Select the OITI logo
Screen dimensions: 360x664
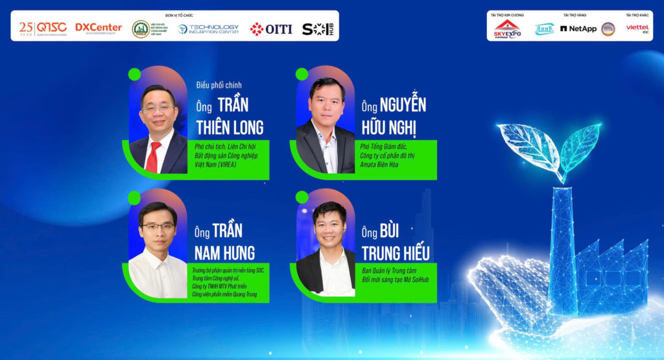pos(271,29)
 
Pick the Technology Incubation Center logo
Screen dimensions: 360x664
pos(209,29)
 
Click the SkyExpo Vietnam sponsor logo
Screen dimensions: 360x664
pos(507,29)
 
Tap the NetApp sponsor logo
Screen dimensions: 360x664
pos(578,29)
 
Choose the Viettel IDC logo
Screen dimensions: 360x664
pos(637,28)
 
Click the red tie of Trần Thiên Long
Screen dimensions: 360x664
pos(153,157)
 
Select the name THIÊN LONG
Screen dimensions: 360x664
pos(230,126)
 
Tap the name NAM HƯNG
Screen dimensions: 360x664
pos(224,252)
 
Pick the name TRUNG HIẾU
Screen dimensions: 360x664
pos(396,252)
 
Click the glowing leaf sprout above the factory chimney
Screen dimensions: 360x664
pos(558,146)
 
